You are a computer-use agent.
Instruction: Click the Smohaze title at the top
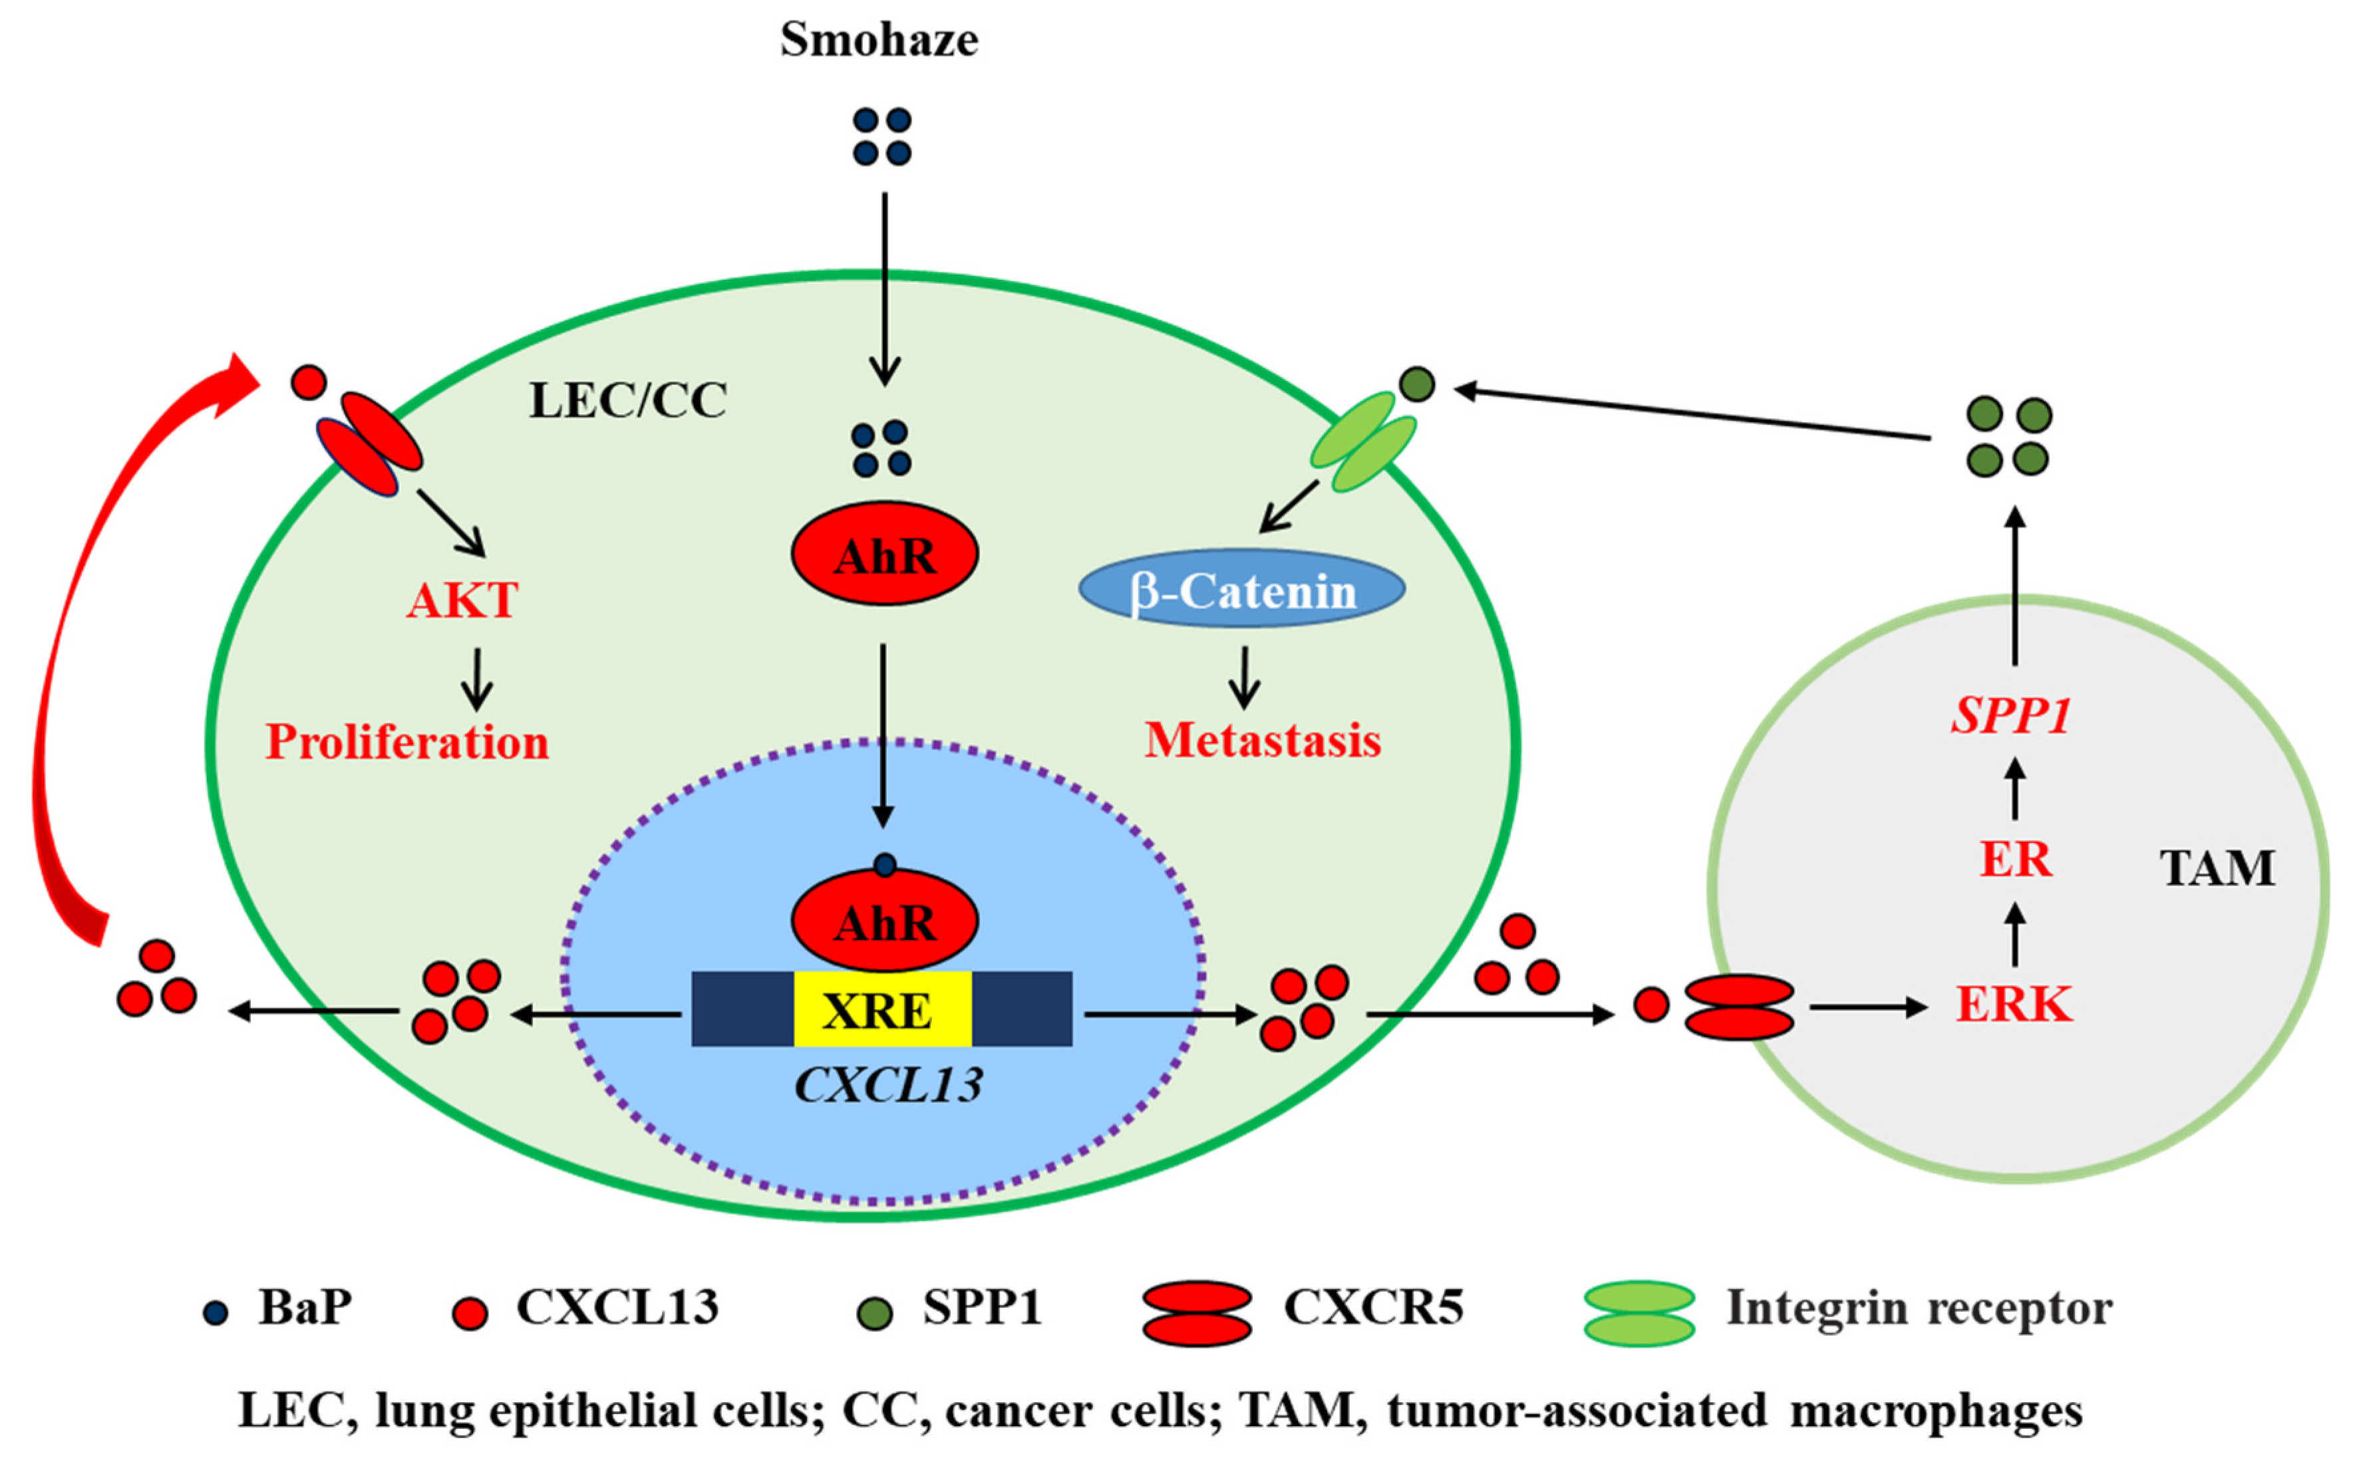tap(879, 41)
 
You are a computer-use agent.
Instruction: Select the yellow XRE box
tap(882, 1010)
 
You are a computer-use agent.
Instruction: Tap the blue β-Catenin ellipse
tap(1242, 589)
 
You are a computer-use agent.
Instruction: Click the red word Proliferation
tap(407, 743)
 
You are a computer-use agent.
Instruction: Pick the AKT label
tap(462, 600)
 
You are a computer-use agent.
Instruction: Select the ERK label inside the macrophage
tap(2013, 1005)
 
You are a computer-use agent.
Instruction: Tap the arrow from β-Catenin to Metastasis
tap(1244, 677)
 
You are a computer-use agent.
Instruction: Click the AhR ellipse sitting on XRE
tap(885, 920)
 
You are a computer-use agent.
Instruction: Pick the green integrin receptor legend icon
tap(1639, 1312)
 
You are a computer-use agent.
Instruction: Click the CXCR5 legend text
tap(1373, 1307)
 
